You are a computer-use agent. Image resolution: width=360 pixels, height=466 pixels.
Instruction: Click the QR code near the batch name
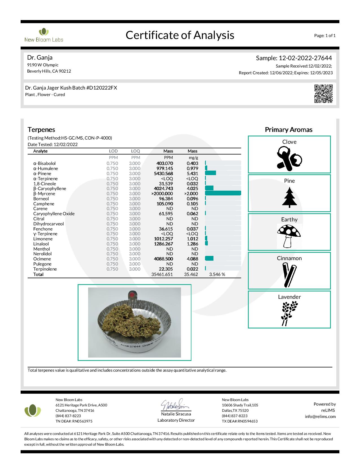[323, 93]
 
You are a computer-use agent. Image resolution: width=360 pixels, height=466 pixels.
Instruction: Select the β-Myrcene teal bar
[223, 193]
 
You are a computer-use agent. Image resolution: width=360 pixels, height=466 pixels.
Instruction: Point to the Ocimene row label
[42, 259]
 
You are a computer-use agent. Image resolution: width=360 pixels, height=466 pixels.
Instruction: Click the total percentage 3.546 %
[217, 274]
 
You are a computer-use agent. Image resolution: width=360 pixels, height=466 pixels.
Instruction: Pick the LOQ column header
[136, 151]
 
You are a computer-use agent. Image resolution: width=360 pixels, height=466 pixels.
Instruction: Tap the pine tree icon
[289, 197]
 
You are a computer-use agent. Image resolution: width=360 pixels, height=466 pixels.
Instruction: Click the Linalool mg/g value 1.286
[192, 244]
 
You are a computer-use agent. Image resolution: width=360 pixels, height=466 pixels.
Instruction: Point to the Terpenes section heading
[41, 130]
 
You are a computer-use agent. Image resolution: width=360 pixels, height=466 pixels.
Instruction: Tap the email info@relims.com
[320, 416]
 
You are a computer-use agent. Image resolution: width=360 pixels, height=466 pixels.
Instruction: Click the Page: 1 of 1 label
[325, 36]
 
